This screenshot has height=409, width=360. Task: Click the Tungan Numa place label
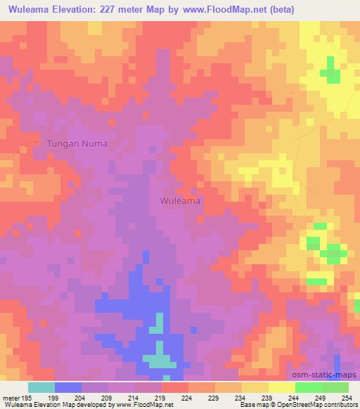77,143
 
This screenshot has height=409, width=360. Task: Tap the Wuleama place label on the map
181,201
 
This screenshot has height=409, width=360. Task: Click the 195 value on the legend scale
27,397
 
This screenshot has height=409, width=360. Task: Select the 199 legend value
55,397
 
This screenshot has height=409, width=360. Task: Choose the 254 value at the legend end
347,397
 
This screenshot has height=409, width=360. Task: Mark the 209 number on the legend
108,397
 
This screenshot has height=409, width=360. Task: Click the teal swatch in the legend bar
41,387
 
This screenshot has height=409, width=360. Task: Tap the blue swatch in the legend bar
68,387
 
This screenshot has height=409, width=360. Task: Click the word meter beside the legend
10,397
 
